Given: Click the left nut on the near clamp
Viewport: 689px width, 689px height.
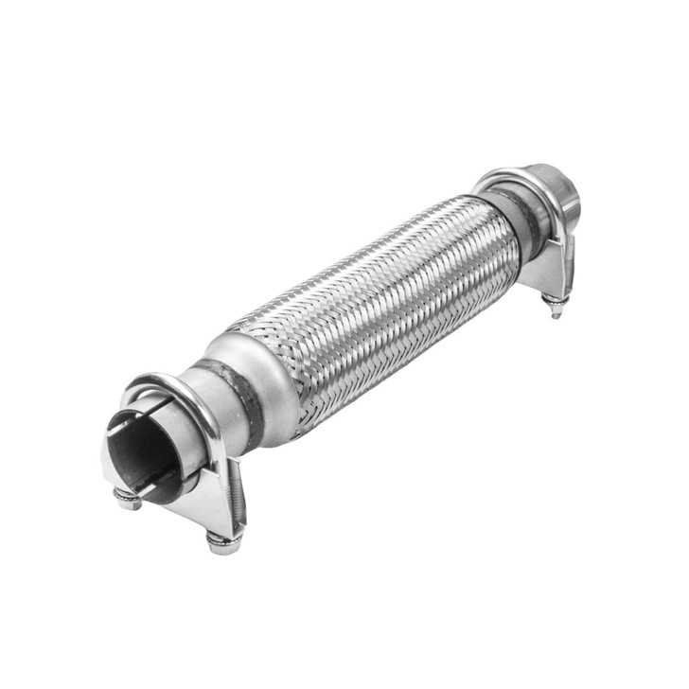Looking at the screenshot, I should coord(128,500).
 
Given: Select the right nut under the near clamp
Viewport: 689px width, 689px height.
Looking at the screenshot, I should coord(223,541).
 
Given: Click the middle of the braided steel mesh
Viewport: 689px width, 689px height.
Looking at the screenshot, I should coord(379,303).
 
